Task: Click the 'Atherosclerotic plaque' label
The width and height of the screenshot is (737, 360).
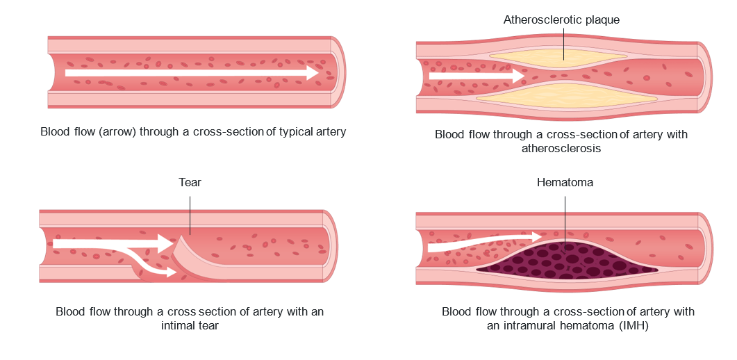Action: pos(561,19)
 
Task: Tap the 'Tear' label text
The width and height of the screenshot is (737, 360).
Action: pos(190,183)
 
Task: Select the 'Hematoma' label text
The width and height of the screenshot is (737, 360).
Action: pos(565,183)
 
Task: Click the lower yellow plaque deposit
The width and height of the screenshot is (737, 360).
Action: pos(566,95)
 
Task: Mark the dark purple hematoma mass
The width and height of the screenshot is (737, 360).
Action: pos(566,261)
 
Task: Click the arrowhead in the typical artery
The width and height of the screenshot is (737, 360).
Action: pos(313,72)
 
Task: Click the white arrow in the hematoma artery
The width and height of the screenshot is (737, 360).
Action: pos(486,243)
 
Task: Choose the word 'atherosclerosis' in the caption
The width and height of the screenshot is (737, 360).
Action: pos(561,148)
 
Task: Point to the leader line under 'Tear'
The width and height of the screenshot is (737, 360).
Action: pos(190,212)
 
